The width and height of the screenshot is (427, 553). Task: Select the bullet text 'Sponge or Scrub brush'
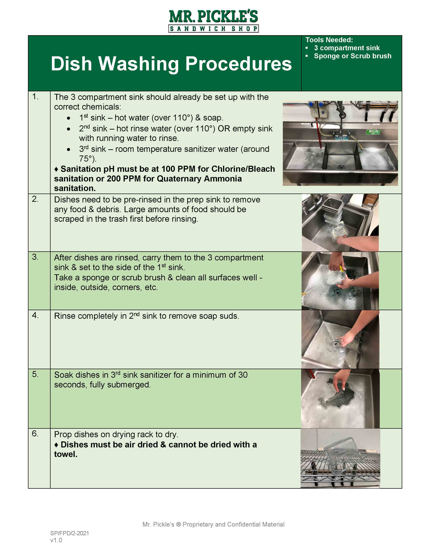[x=352, y=56]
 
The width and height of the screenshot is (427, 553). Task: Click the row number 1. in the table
[x=35, y=97]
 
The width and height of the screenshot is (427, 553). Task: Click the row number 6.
[x=35, y=434]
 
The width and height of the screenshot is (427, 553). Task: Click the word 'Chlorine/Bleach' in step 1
[x=243, y=169]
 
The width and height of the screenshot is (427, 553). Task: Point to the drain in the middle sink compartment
[x=341, y=167]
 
